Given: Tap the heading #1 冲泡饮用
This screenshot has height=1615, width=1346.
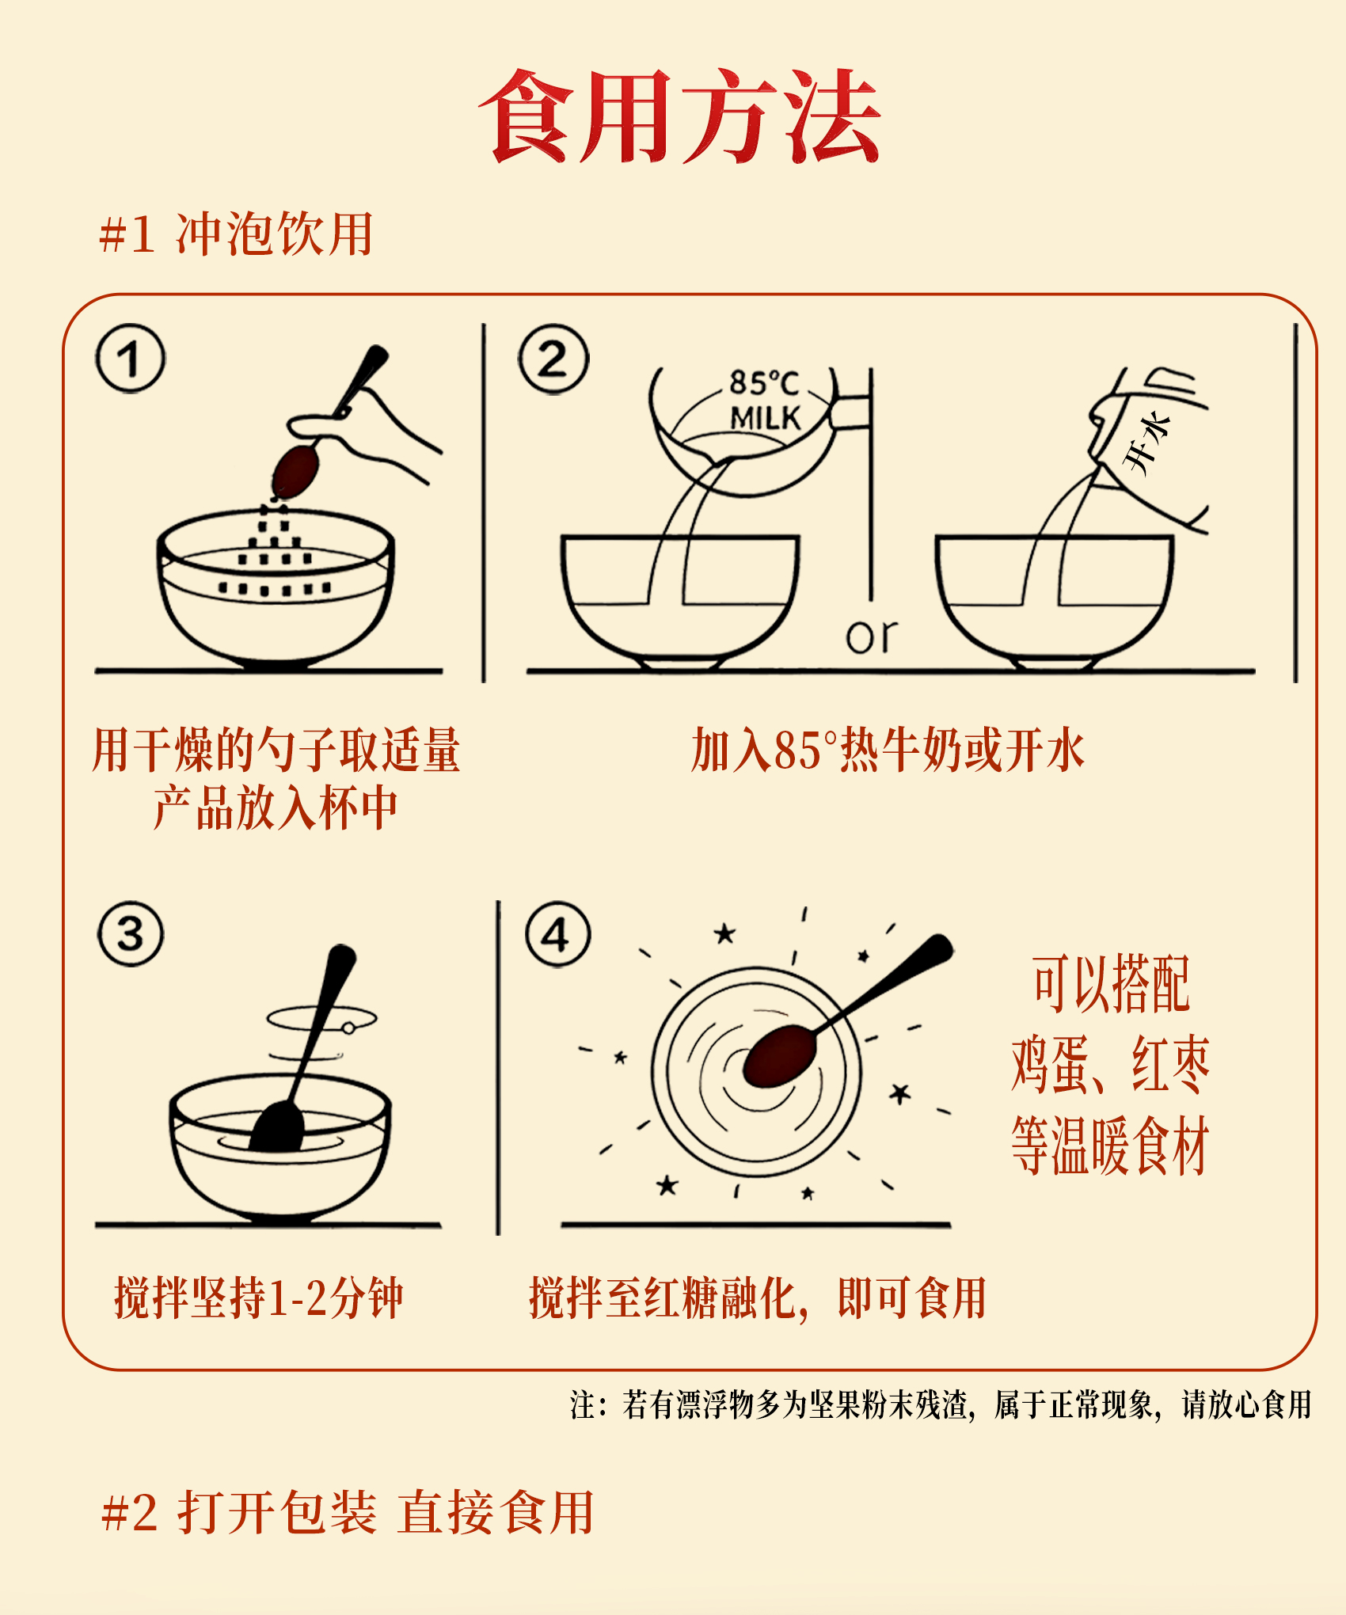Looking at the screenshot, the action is click(x=236, y=234).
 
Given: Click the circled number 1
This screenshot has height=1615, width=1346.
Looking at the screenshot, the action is click(x=131, y=359).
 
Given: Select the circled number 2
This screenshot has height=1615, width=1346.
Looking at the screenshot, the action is click(x=553, y=359).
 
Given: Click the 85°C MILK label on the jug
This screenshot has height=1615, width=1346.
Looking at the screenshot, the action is click(x=765, y=401).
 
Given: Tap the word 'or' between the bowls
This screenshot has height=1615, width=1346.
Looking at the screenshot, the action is click(x=872, y=636).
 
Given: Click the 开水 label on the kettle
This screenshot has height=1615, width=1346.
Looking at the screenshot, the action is click(x=1146, y=443).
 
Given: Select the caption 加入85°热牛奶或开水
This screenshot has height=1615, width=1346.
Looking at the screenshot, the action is click(x=888, y=750).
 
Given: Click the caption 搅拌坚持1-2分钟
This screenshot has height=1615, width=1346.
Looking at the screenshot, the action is click(x=259, y=1298).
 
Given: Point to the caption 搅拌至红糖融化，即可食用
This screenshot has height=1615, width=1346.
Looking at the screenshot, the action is click(x=758, y=1298).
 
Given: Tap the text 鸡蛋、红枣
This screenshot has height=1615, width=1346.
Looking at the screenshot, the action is click(x=1111, y=1065).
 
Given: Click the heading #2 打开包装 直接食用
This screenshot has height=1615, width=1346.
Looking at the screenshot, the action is click(x=348, y=1512).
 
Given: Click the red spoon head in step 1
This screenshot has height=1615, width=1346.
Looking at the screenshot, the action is click(x=295, y=470).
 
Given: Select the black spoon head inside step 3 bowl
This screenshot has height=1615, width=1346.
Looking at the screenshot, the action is click(x=276, y=1127).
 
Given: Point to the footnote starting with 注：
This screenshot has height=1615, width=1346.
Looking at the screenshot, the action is click(x=941, y=1404).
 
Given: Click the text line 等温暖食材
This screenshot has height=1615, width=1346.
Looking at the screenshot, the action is click(x=1110, y=1146).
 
